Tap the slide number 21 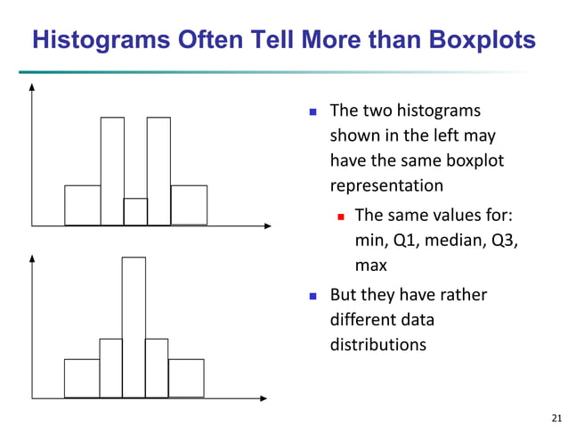click(557, 417)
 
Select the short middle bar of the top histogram click(135, 211)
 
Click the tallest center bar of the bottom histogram click(134, 326)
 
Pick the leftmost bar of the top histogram click(83, 205)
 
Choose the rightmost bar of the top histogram click(189, 205)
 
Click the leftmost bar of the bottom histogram click(82, 378)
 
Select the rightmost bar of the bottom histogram click(186, 378)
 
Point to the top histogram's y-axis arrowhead click(32, 87)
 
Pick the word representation click(386, 186)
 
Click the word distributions click(378, 343)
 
